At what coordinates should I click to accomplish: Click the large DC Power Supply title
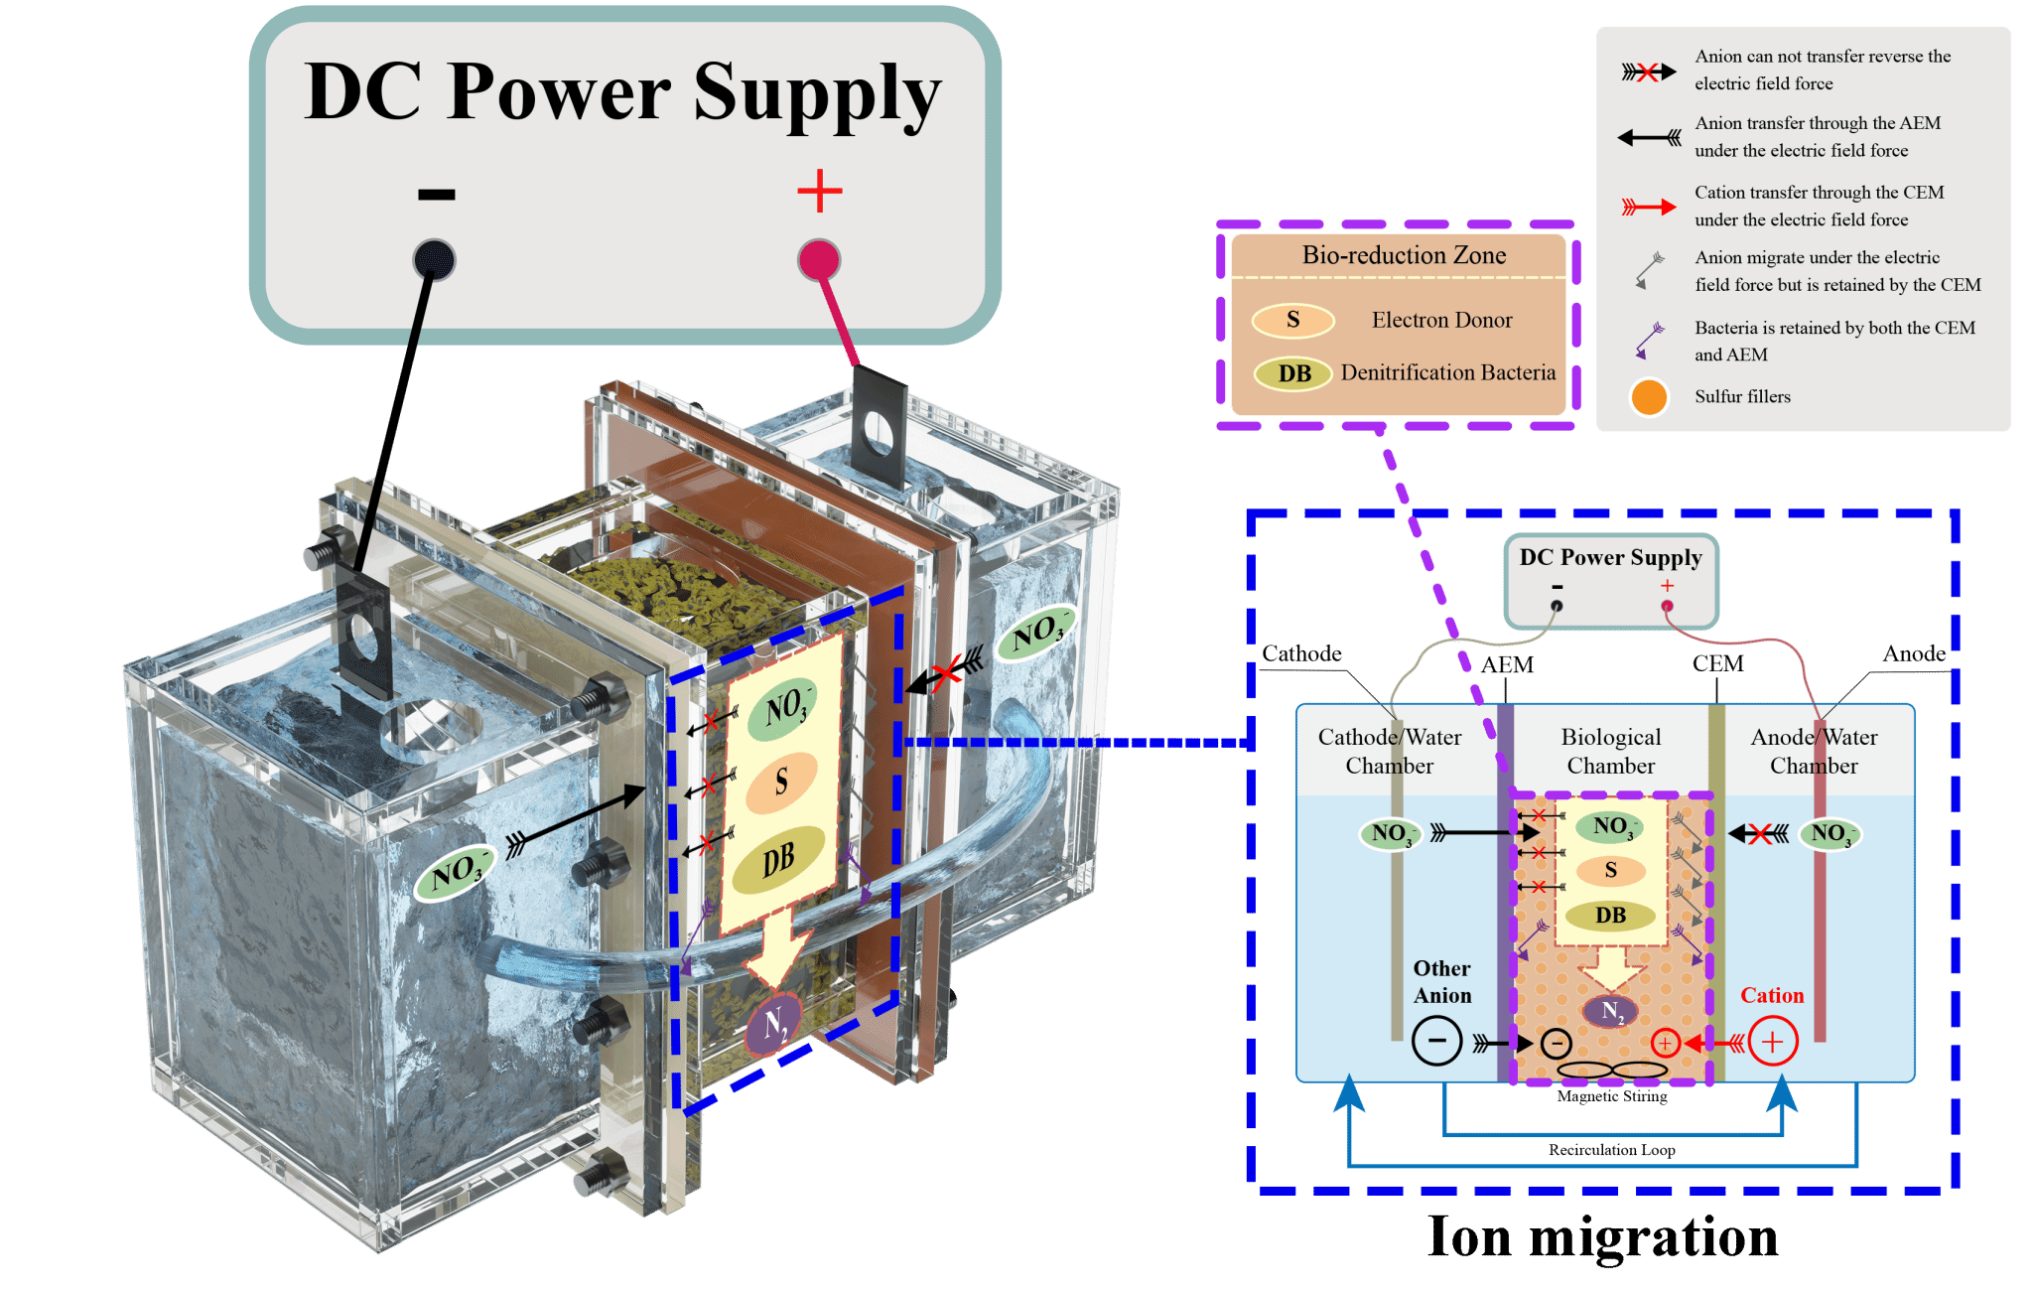pyautogui.click(x=622, y=92)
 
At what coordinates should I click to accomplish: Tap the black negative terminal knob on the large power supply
pyautogui.click(x=434, y=260)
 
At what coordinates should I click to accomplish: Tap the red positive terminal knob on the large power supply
pyautogui.click(x=819, y=260)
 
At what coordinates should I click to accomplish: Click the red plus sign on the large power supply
pyautogui.click(x=820, y=190)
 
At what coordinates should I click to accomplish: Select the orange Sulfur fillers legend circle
pyautogui.click(x=1649, y=397)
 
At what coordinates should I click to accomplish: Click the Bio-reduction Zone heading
pyautogui.click(x=1404, y=255)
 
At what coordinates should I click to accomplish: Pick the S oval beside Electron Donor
pyautogui.click(x=1292, y=320)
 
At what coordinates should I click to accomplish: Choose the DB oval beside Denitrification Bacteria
pyautogui.click(x=1293, y=373)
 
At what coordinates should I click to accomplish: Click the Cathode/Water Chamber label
pyautogui.click(x=1389, y=751)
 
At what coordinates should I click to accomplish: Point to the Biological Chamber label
pyautogui.click(x=1610, y=751)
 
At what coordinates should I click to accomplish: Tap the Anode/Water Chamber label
pyautogui.click(x=1814, y=751)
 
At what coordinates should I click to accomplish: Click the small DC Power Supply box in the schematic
pyautogui.click(x=1610, y=581)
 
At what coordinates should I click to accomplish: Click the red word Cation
pyautogui.click(x=1772, y=995)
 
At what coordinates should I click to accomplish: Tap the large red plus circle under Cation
pyautogui.click(x=1773, y=1043)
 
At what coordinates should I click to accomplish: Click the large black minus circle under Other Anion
pyautogui.click(x=1436, y=1043)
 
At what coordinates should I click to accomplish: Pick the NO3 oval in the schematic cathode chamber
pyautogui.click(x=1390, y=833)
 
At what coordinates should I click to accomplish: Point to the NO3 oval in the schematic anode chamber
pyautogui.click(x=1830, y=833)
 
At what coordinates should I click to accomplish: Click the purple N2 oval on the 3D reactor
pyautogui.click(x=773, y=1024)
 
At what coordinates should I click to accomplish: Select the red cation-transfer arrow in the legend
pyautogui.click(x=1649, y=207)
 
